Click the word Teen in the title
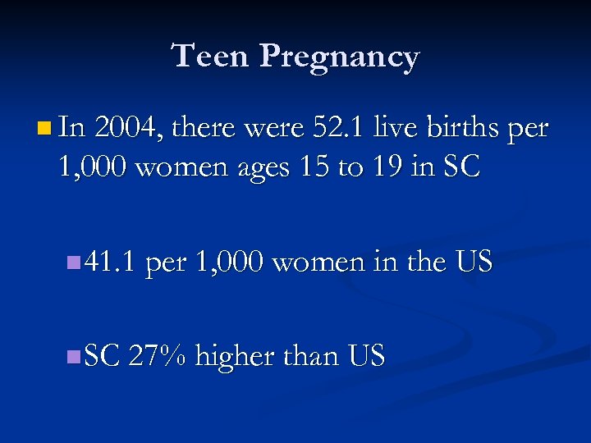tap(211, 57)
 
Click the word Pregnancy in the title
tap(340, 58)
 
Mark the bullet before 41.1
tap(73, 263)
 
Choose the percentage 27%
tap(159, 356)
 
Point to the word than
tap(310, 356)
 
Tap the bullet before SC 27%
tap(73, 356)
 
